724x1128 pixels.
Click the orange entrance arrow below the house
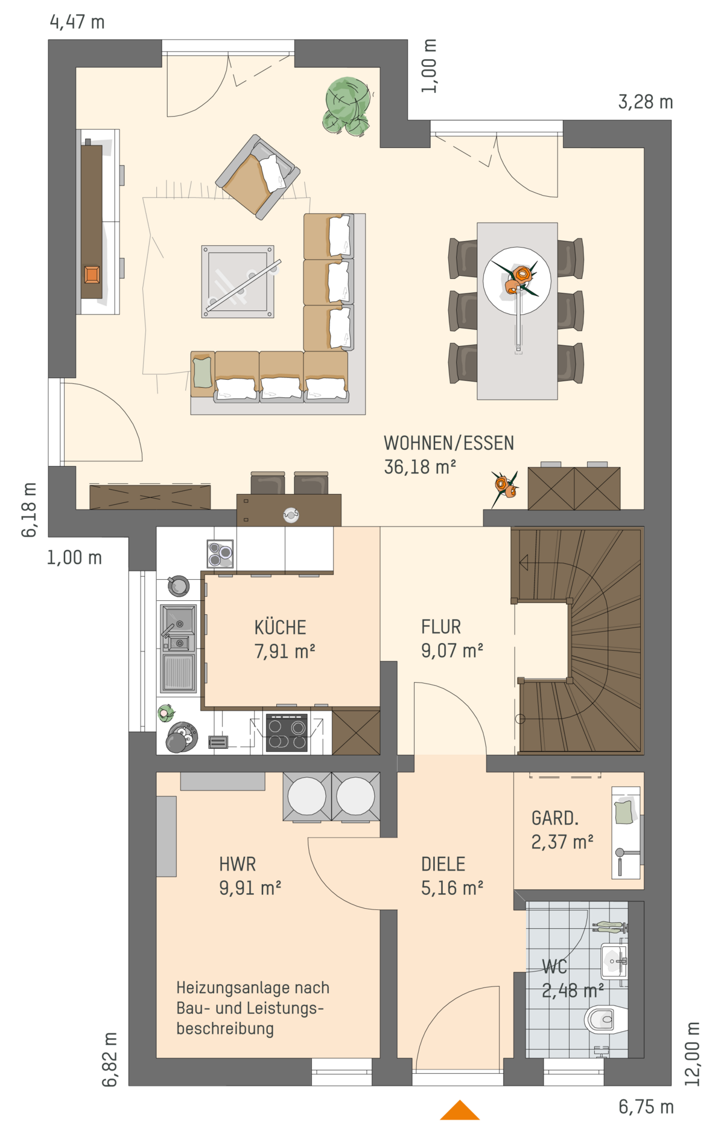point(460,1110)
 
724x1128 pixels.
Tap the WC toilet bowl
point(606,1020)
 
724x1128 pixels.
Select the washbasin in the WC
point(614,961)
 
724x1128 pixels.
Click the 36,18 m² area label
point(420,467)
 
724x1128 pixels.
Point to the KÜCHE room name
point(280,627)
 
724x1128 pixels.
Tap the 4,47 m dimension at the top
point(77,22)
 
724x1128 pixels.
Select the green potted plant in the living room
point(348,106)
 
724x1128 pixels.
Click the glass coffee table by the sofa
point(238,281)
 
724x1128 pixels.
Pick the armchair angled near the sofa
point(258,177)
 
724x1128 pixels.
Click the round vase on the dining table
point(517,281)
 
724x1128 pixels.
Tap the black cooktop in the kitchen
point(287,733)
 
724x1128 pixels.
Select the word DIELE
point(443,864)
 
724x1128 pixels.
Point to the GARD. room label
point(555,818)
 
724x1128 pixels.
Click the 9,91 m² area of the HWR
point(250,888)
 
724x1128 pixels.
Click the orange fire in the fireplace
point(92,275)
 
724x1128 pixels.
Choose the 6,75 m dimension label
point(646,1107)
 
